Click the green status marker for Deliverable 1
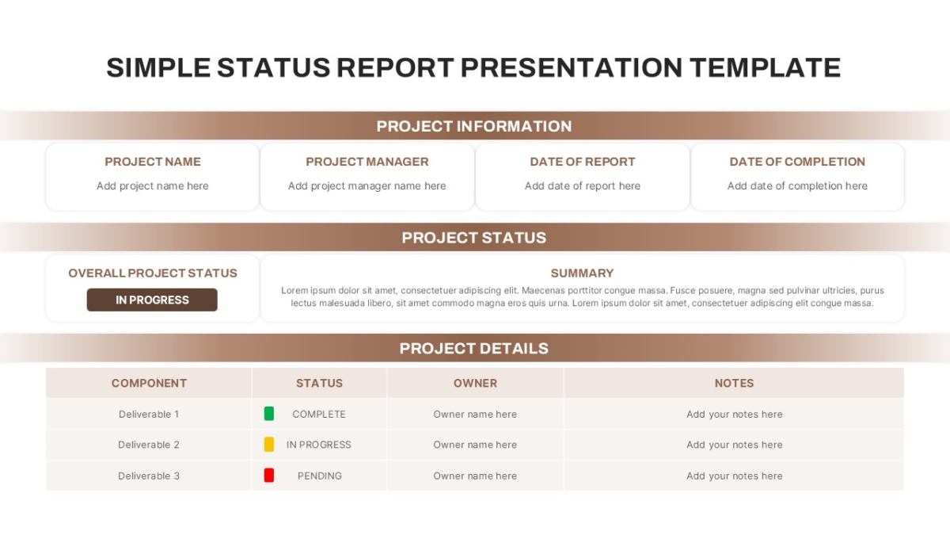click(x=269, y=414)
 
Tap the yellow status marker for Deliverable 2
click(x=269, y=445)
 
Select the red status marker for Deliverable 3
click(x=269, y=476)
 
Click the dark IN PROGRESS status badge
click(x=152, y=300)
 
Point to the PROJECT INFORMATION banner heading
click(x=474, y=126)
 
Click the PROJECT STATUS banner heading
click(x=474, y=237)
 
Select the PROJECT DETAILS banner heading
click(x=474, y=348)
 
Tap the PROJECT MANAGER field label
click(x=367, y=162)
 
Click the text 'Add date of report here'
click(x=583, y=186)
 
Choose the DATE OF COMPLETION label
click(x=797, y=162)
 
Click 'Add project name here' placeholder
click(x=153, y=186)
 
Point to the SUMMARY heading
click(x=583, y=273)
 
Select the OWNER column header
click(x=476, y=383)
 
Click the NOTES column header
click(x=735, y=383)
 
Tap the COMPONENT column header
click(x=149, y=383)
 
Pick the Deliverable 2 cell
click(x=149, y=445)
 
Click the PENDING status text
click(x=319, y=476)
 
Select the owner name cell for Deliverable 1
click(x=475, y=414)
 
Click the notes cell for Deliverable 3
click(x=735, y=476)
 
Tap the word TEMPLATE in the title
click(x=765, y=67)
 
